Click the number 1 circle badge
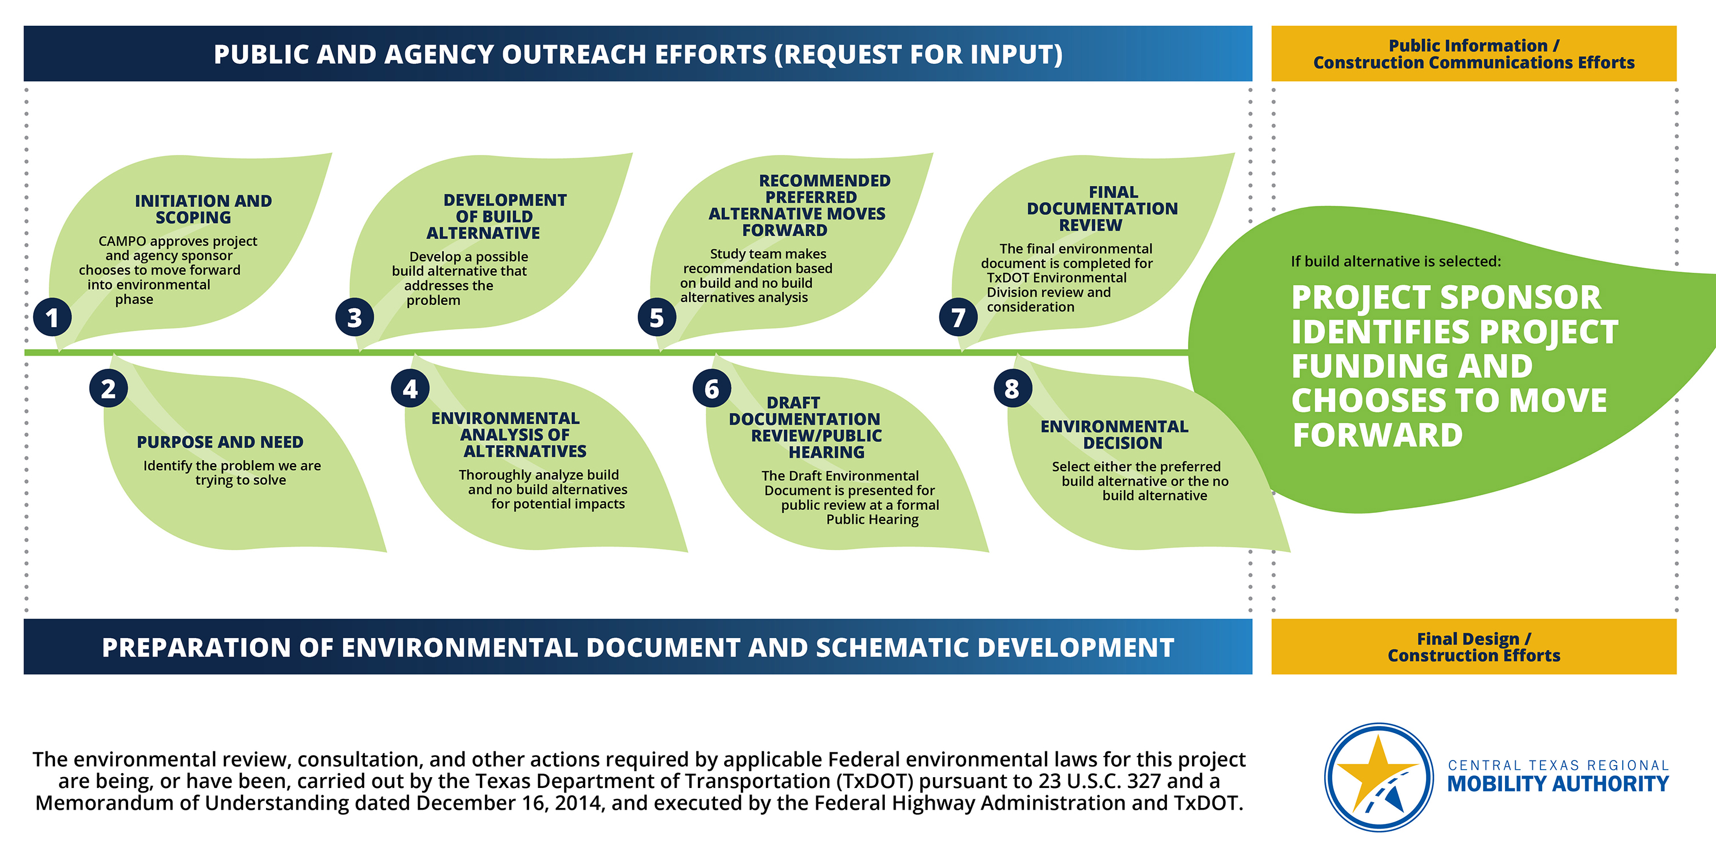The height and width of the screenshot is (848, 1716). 52,318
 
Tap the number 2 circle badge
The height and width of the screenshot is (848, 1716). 109,388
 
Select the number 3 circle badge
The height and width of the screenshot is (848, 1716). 355,318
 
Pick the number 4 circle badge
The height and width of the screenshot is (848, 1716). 410,388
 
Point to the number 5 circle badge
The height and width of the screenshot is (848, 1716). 657,318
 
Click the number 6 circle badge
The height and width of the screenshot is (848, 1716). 712,388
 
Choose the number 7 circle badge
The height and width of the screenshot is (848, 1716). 959,318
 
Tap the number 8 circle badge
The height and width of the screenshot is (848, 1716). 1013,388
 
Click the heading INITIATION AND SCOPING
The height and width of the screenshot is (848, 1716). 202,209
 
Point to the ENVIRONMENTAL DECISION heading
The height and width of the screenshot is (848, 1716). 1114,435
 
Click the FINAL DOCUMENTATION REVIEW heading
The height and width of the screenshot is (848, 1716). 1102,209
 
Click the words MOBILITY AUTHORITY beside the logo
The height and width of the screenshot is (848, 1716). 1558,784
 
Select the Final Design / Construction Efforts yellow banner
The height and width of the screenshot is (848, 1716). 1474,647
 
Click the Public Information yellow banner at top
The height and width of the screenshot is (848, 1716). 1474,54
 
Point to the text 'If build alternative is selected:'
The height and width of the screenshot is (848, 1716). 1396,261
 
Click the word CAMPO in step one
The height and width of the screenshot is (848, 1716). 122,241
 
